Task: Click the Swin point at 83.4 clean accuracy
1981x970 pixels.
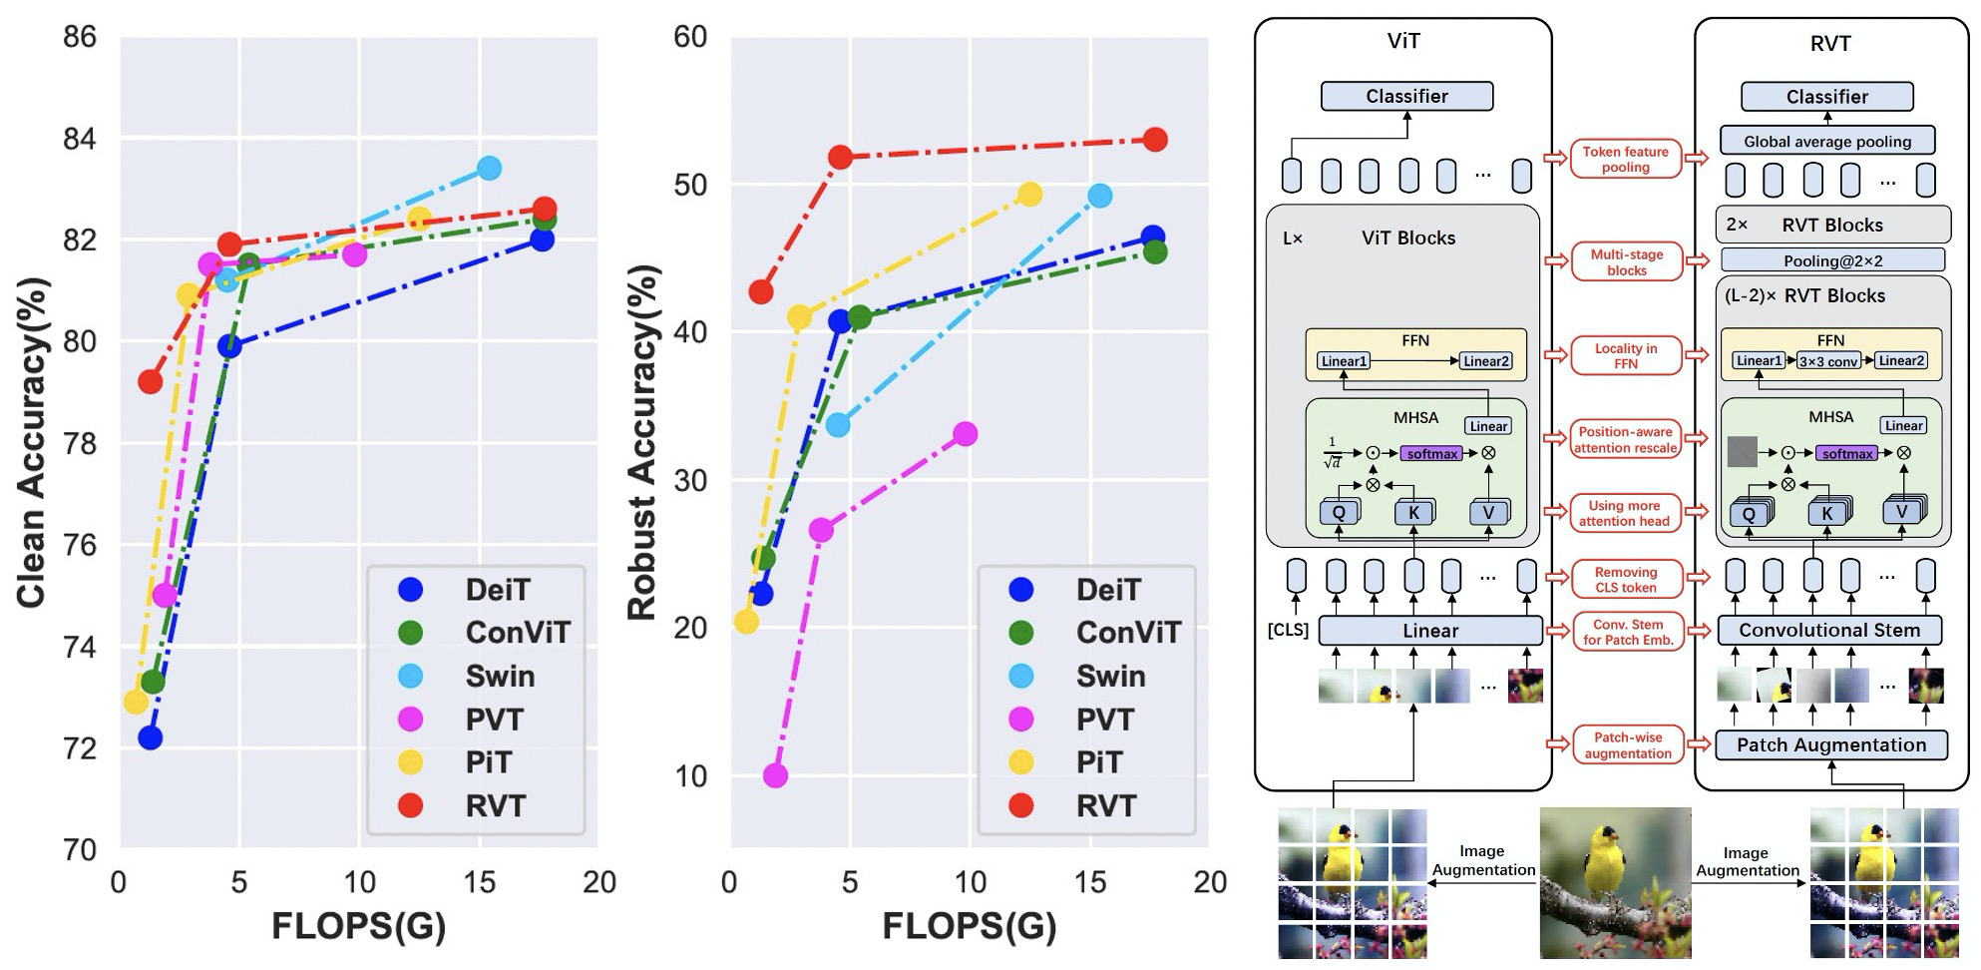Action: click(x=489, y=168)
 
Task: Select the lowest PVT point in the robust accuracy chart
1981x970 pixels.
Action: click(x=775, y=775)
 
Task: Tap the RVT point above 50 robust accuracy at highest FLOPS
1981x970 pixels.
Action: click(x=1155, y=140)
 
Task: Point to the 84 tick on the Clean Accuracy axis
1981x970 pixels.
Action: click(x=80, y=139)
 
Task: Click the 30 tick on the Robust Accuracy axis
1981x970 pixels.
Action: click(x=690, y=480)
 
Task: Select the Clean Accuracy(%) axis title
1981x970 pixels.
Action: click(x=32, y=442)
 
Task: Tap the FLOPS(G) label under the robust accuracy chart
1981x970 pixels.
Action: click(x=969, y=926)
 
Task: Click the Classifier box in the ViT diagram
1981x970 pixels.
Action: click(x=1406, y=96)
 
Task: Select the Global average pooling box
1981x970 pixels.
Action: click(x=1827, y=141)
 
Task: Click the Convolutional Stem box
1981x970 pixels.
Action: click(x=1828, y=630)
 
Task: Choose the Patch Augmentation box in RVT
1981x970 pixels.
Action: click(x=1830, y=744)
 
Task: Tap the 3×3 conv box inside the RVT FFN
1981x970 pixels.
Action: click(x=1827, y=361)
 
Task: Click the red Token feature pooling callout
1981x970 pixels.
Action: click(x=1625, y=160)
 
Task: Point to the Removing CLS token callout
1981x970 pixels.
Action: click(x=1625, y=579)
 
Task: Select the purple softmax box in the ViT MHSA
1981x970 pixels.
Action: click(x=1432, y=454)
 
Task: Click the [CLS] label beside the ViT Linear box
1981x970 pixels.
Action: click(x=1288, y=631)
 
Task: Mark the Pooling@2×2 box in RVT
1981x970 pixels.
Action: click(x=1832, y=261)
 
